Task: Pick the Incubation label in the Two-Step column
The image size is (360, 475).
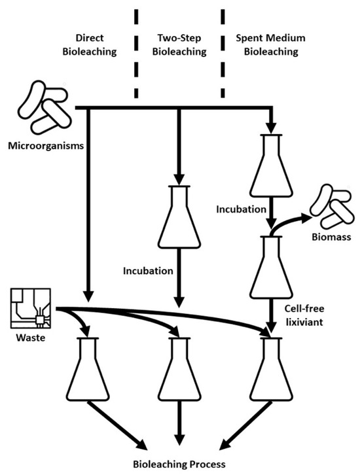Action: pyautogui.click(x=147, y=270)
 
